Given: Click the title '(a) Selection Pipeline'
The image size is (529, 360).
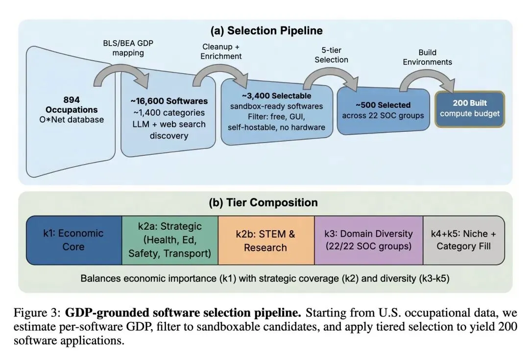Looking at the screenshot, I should (x=266, y=31).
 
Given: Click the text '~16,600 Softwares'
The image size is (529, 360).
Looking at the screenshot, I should (x=168, y=101).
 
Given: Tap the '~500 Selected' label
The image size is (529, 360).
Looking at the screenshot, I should (x=383, y=105).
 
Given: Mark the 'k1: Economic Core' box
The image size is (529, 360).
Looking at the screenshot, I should (x=74, y=240).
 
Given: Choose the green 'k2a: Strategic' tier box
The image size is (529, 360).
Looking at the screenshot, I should (x=169, y=240).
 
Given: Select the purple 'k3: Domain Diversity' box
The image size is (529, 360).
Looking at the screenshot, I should (x=368, y=240).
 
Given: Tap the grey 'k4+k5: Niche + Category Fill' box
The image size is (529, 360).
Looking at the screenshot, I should (x=463, y=240).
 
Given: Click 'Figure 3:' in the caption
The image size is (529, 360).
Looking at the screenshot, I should (x=37, y=313).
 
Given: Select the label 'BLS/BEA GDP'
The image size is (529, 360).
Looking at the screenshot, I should (x=127, y=43).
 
